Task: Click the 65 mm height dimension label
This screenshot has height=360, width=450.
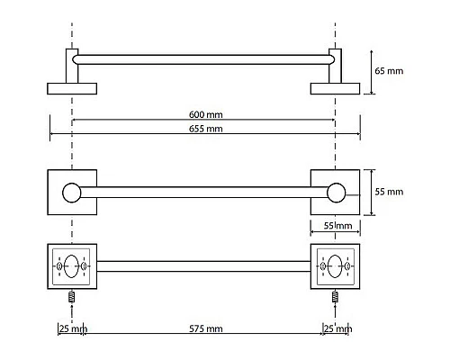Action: [x=389, y=71]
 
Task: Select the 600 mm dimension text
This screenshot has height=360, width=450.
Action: [x=206, y=114]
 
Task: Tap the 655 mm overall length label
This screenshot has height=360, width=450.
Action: [x=206, y=129]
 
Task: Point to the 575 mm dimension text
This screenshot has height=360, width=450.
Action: [x=206, y=328]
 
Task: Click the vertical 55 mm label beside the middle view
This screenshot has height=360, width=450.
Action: [x=389, y=192]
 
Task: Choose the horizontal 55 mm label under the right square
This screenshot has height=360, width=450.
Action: [x=337, y=226]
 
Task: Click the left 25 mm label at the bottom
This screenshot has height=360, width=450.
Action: [x=73, y=328]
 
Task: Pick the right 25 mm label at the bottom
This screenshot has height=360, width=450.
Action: [x=337, y=328]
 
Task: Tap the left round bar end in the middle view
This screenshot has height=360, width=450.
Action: [x=72, y=193]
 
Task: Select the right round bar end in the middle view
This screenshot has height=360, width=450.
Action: [x=336, y=193]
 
